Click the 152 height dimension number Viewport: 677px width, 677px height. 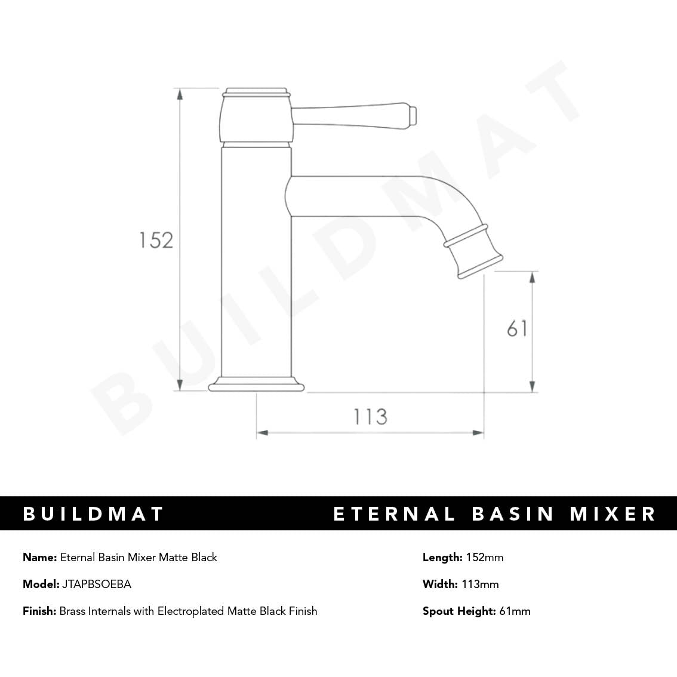click(156, 240)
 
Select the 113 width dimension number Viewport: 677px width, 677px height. click(370, 416)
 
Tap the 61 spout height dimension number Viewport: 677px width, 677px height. click(517, 328)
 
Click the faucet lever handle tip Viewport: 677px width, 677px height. click(411, 116)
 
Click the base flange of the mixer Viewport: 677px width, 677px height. click(256, 384)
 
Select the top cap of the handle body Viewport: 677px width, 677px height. click(256, 93)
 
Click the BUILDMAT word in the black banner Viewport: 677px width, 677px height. click(93, 514)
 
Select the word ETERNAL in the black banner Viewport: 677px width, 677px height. click(394, 514)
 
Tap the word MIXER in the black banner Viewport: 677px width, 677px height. click(613, 514)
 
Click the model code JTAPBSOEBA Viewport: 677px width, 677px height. click(97, 584)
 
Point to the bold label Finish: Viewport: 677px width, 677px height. click(39, 611)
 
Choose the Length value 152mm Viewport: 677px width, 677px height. click(484, 558)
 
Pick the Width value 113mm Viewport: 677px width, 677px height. click(480, 584)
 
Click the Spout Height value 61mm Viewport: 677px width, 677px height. click(515, 611)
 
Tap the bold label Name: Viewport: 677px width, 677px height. click(40, 558)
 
